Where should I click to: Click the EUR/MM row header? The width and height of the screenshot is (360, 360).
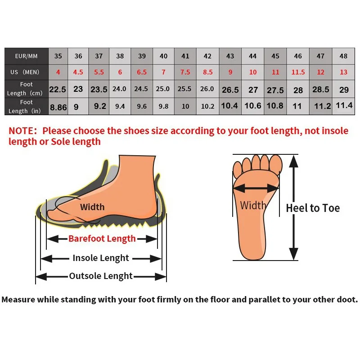pyautogui.click(x=27, y=56)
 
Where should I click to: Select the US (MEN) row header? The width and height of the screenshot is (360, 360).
pyautogui.click(x=27, y=72)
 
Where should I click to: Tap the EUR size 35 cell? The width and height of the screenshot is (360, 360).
pyautogui.click(x=58, y=56)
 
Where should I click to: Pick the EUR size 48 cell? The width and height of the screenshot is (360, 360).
pyautogui.click(x=344, y=56)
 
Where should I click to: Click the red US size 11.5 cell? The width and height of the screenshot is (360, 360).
pyautogui.click(x=298, y=72)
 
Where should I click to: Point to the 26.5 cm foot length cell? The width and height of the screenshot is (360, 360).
pyautogui.click(x=230, y=90)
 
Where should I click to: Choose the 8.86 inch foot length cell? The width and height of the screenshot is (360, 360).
pyautogui.click(x=58, y=107)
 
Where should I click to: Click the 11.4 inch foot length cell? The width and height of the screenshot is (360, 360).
pyautogui.click(x=344, y=106)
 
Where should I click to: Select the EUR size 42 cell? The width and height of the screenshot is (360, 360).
pyautogui.click(x=207, y=56)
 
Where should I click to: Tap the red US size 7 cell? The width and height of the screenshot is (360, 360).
pyautogui.click(x=163, y=72)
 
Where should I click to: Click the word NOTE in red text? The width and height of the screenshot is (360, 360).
pyautogui.click(x=22, y=131)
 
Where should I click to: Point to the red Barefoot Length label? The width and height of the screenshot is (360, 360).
pyautogui.click(x=102, y=238)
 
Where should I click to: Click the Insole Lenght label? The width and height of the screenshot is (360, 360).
pyautogui.click(x=101, y=258)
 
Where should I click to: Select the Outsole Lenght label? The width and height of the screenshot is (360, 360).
pyautogui.click(x=101, y=276)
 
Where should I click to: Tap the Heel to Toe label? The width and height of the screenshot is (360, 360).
pyautogui.click(x=313, y=208)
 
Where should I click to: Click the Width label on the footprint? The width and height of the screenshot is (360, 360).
pyautogui.click(x=253, y=206)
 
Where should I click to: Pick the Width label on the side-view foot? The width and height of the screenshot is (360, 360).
pyautogui.click(x=92, y=207)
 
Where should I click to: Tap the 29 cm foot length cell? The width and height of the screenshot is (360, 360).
pyautogui.click(x=344, y=89)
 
